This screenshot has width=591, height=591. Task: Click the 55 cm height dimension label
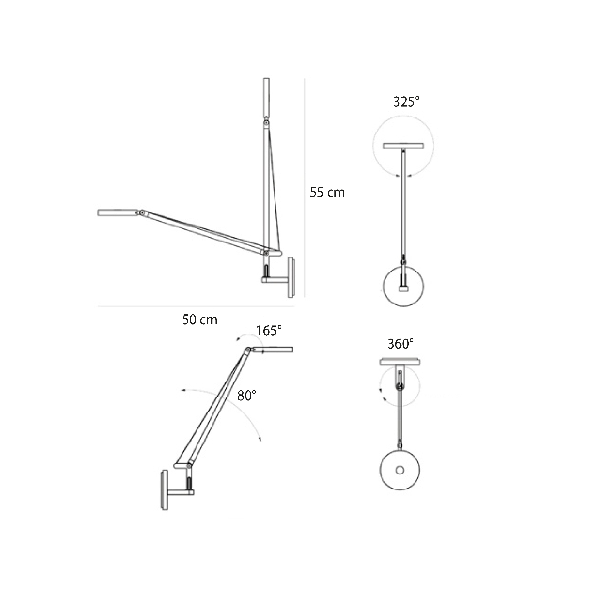coord(327,192)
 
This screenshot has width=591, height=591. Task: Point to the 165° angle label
coord(269,331)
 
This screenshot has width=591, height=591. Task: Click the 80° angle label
coord(246,396)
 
